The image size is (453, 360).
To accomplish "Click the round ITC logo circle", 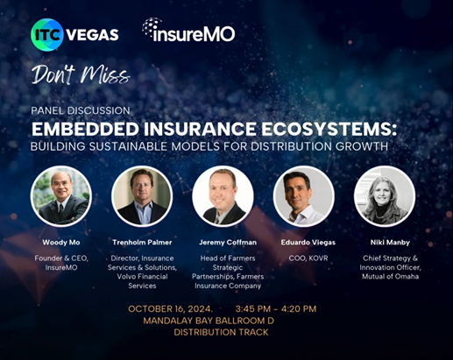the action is (x=46, y=35).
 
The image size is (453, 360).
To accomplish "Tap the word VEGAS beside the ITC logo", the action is (x=93, y=35).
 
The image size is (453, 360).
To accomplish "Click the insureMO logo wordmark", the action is (x=188, y=30).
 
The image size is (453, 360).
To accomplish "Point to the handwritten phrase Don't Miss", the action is (x=81, y=75).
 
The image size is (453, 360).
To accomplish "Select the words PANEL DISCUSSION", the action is (x=81, y=110).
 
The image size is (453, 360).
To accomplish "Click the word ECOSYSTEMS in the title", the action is (x=329, y=129).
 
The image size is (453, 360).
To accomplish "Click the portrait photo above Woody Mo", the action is (x=61, y=196).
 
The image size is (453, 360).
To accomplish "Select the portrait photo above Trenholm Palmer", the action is (x=142, y=196).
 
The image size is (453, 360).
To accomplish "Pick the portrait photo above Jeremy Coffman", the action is (x=223, y=196).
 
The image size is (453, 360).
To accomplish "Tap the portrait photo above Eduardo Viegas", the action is (x=304, y=196).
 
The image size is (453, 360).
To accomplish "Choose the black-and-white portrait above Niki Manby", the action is (x=385, y=196).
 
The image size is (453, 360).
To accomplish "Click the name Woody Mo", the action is (x=61, y=243).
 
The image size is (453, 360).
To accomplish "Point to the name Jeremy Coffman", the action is (x=228, y=243).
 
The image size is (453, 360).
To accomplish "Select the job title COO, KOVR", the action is (x=308, y=258).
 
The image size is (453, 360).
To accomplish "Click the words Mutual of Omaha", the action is (x=390, y=277).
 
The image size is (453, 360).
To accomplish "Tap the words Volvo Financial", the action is (x=142, y=277).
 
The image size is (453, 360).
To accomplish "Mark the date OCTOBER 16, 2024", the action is (x=170, y=309).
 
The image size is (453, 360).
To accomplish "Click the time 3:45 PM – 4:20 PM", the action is (x=276, y=309).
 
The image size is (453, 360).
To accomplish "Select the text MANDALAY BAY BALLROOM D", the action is (x=209, y=321).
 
